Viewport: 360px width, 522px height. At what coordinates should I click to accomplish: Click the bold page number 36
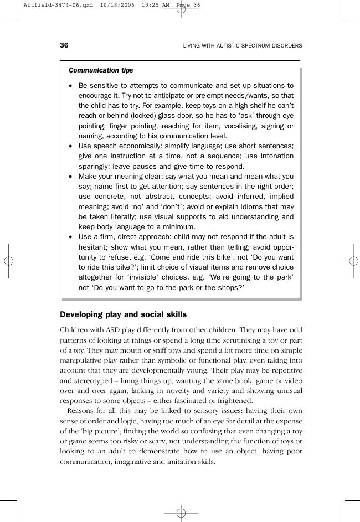point(64,45)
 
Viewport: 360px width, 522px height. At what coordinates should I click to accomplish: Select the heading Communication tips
point(101,70)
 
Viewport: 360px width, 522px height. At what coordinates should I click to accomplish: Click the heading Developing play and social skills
point(123,314)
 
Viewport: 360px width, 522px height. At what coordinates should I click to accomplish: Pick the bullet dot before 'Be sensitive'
point(70,86)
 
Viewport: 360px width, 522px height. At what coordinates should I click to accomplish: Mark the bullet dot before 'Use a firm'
point(70,237)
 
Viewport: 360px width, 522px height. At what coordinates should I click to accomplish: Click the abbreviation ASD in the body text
point(117,330)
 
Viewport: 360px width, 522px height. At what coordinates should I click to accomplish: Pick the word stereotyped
point(92,381)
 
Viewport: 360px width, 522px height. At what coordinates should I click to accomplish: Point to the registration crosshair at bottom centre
point(181,513)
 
